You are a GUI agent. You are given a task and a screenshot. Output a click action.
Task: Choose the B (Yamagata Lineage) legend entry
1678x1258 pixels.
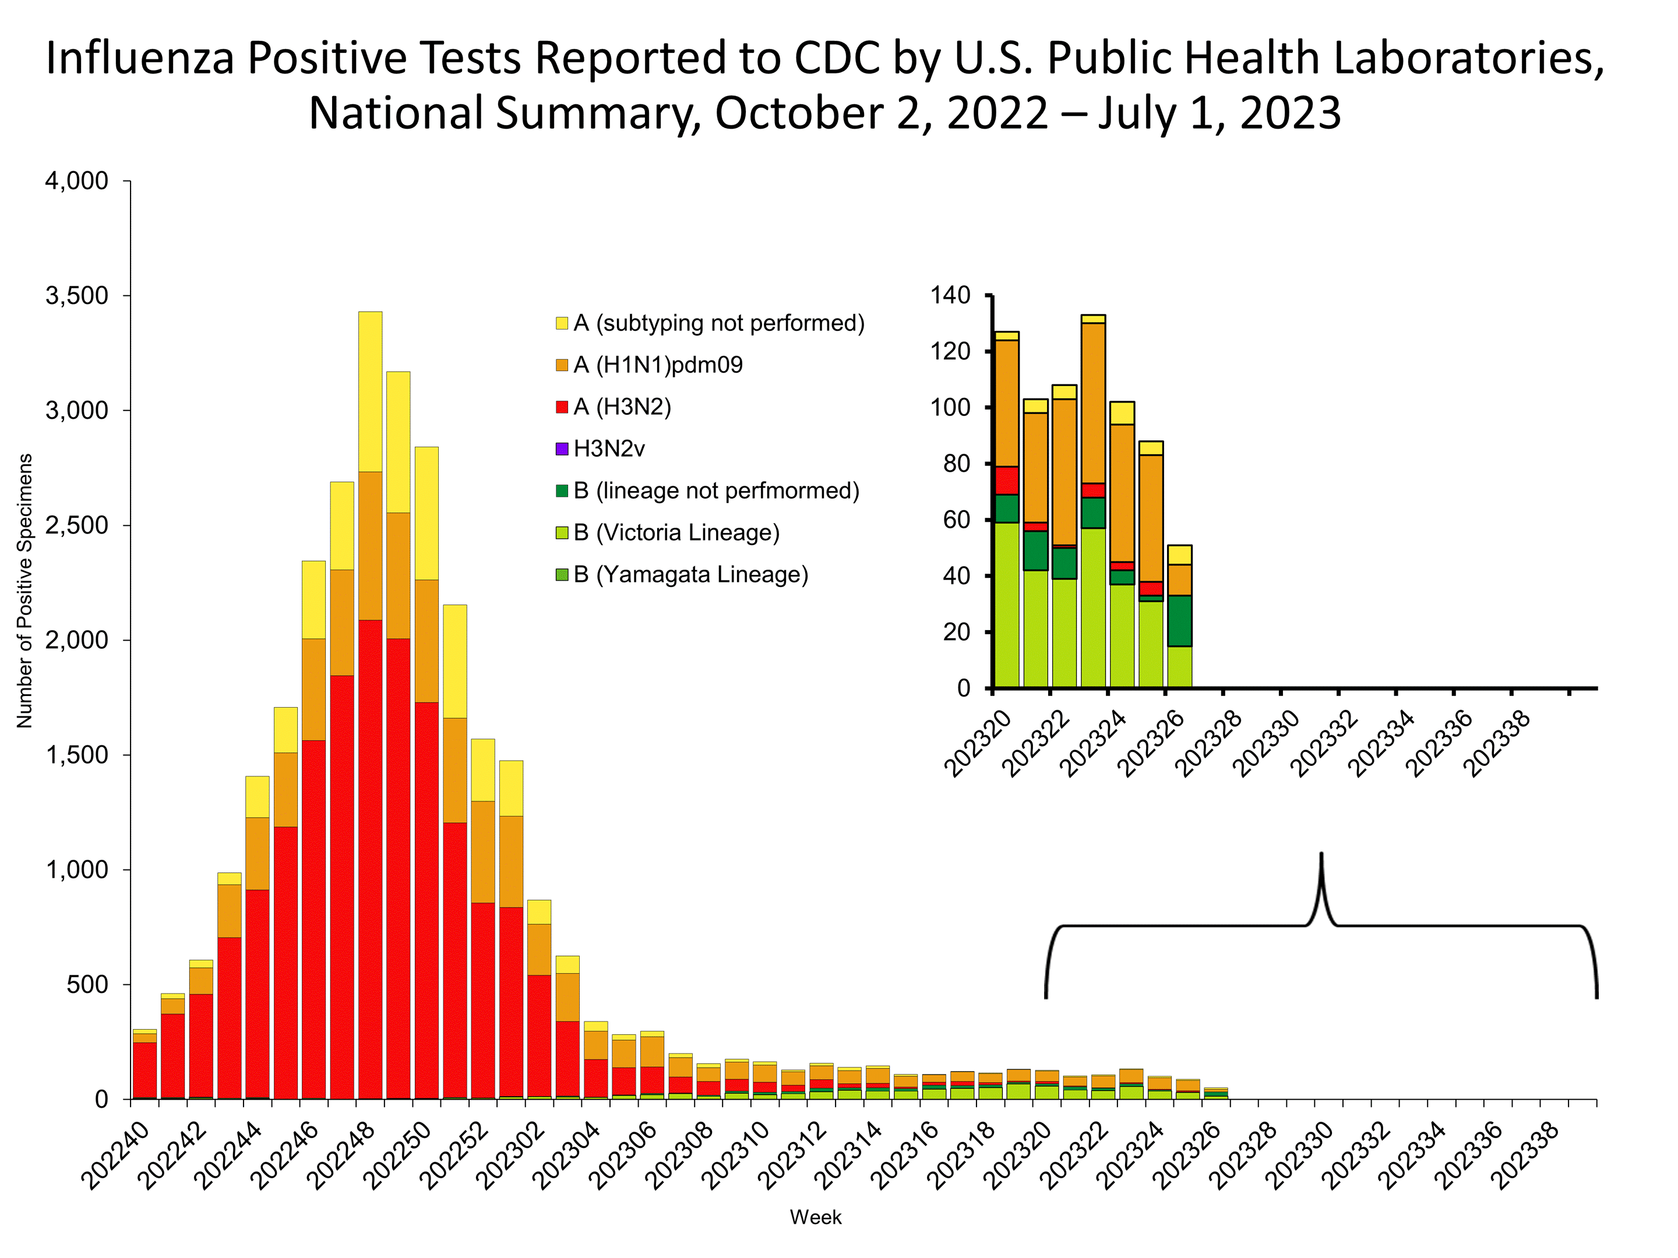pos(690,575)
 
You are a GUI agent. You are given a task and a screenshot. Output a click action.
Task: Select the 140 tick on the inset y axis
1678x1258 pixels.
pos(950,295)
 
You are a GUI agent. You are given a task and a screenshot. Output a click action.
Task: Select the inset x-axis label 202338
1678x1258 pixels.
pos(1497,745)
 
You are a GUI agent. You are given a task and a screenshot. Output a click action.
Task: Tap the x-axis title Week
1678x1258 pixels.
pos(816,1218)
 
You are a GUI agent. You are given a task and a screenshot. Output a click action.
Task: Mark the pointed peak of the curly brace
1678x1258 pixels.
pos(1321,854)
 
